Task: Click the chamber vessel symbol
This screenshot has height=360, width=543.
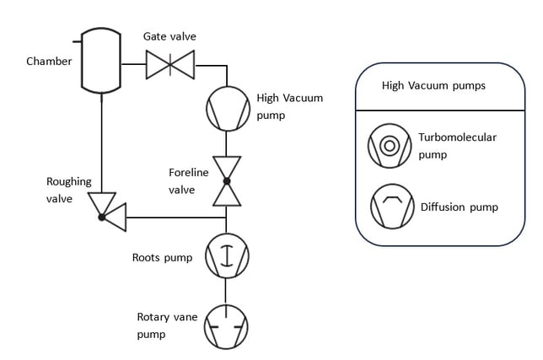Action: coord(101,62)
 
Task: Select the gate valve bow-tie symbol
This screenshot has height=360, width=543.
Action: coord(169,63)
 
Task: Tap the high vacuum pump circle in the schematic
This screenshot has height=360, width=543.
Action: coord(227,108)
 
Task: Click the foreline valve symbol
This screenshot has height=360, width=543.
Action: coord(226,180)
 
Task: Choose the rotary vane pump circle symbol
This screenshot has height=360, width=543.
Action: coord(227,325)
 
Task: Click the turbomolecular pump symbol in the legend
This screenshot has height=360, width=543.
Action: coord(389,145)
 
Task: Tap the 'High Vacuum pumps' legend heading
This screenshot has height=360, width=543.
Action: coord(433,85)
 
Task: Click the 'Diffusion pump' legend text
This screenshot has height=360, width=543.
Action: coord(459,207)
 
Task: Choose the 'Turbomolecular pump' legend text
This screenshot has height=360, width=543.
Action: coord(457,145)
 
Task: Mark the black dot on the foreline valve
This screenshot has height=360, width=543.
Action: coord(226,180)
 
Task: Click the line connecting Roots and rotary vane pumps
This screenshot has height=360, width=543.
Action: coord(227,291)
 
